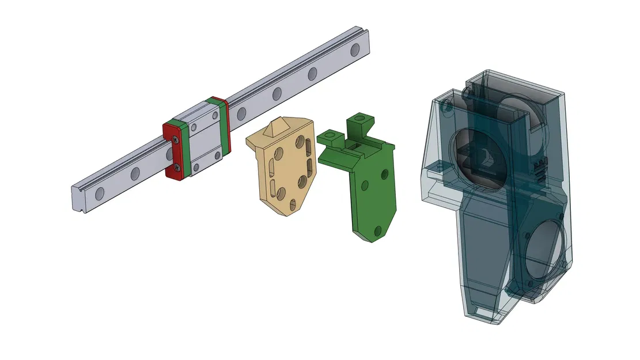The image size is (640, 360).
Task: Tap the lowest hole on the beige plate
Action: (x=293, y=203)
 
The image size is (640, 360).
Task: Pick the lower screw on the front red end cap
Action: (x=177, y=168)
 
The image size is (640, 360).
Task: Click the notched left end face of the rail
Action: (x=79, y=199)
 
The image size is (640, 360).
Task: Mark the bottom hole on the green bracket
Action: (x=378, y=230)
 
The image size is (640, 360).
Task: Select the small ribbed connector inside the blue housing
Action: (x=539, y=170)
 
